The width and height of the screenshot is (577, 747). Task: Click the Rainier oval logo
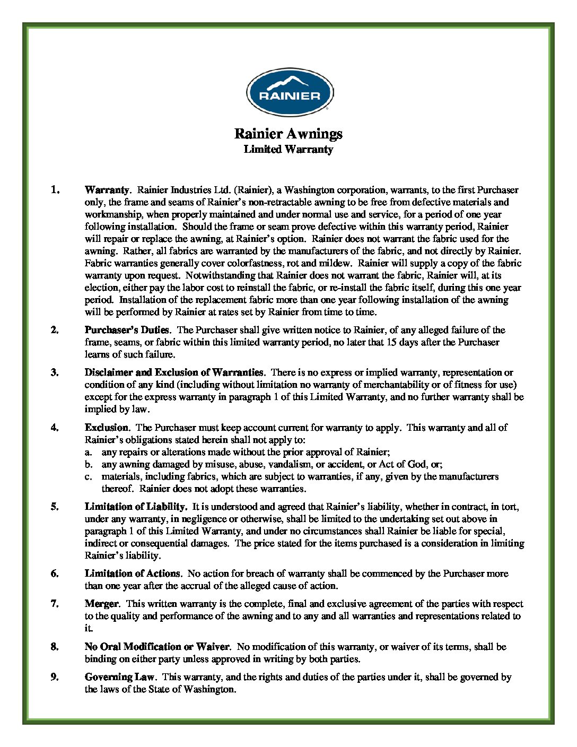[x=290, y=93]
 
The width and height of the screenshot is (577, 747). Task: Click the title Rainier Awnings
[x=288, y=133]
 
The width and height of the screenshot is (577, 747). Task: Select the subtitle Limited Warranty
[x=288, y=150]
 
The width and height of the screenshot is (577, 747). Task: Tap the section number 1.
[x=55, y=190]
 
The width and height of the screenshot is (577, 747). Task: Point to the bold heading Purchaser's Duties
[x=127, y=330]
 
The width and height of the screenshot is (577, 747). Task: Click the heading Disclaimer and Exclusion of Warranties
[x=174, y=372]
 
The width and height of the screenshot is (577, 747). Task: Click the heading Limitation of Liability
[x=136, y=507]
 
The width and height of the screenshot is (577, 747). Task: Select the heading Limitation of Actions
[x=133, y=574]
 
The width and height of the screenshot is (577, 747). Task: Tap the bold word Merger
[x=102, y=604]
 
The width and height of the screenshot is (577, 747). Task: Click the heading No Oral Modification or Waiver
[x=157, y=647]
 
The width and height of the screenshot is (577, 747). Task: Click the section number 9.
[x=55, y=677]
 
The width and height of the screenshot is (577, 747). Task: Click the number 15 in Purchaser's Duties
[x=391, y=342]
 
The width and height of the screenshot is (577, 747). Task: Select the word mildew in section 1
[x=335, y=263]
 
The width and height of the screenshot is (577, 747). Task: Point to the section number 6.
[x=55, y=574]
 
